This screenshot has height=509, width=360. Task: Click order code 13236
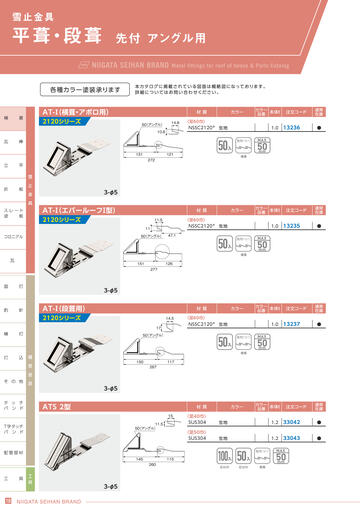[x=292, y=128]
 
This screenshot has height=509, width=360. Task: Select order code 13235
[x=292, y=227]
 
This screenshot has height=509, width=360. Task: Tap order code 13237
[x=292, y=325]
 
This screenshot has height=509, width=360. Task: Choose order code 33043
[x=292, y=438]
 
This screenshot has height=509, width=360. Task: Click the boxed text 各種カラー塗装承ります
[x=83, y=89]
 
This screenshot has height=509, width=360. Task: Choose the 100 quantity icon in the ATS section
[x=224, y=458]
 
